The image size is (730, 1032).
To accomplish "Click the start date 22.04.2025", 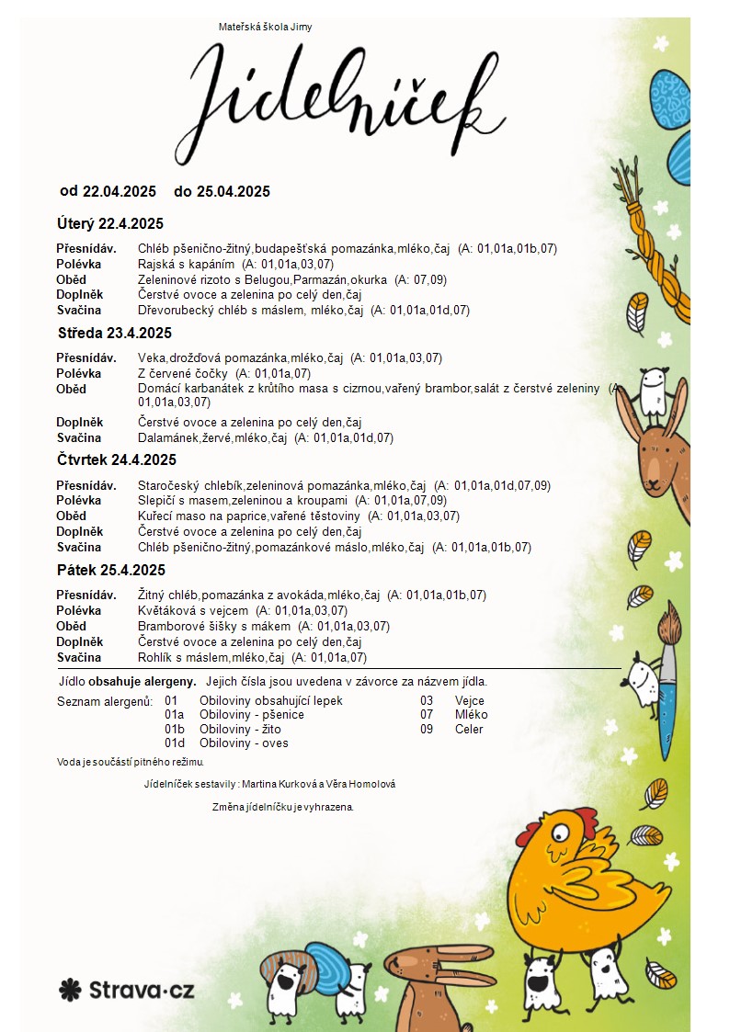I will point(120,191).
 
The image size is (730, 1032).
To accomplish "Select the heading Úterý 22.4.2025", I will point(110,223).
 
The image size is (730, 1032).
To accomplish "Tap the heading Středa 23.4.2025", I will point(115,333).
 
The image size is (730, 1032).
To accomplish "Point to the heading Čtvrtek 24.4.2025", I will point(117,459).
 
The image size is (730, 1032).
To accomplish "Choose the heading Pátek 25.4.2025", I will point(111,570).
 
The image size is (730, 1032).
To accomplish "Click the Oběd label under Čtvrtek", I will point(71,516).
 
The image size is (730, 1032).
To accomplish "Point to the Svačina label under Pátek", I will point(78,657).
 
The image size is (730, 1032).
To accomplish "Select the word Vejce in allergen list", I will point(469,700).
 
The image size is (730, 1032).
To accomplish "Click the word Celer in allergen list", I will point(469,730).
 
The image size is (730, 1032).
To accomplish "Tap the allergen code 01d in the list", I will point(175,743).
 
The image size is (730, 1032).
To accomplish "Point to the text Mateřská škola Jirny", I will point(265,27).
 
